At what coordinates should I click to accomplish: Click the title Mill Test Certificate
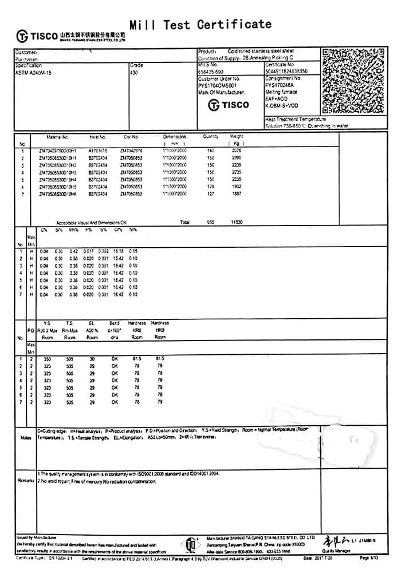[200, 25]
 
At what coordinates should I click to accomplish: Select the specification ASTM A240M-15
[33, 73]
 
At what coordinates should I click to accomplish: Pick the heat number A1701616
[98, 151]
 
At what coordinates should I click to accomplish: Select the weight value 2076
[237, 151]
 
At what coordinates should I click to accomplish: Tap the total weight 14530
[237, 221]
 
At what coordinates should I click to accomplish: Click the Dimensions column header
[175, 137]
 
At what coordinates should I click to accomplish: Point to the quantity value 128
[210, 187]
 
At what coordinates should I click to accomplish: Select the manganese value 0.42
[73, 251]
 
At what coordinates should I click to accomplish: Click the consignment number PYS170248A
[278, 85]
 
